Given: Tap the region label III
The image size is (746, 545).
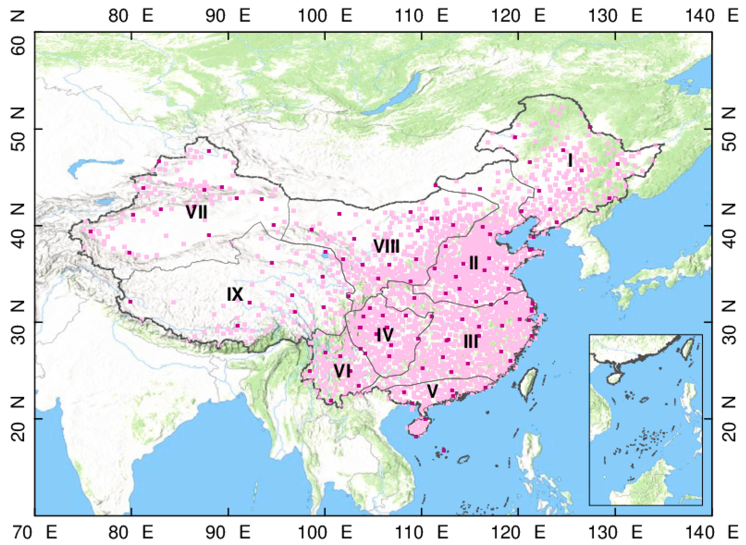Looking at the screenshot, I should pyautogui.click(x=471, y=341).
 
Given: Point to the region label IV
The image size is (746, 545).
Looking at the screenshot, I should pyautogui.click(x=385, y=335).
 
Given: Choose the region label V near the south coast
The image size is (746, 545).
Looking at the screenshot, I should pyautogui.click(x=432, y=392).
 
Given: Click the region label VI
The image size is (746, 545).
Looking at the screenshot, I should pyautogui.click(x=342, y=372).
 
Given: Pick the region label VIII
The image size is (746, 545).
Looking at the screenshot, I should pyautogui.click(x=387, y=246).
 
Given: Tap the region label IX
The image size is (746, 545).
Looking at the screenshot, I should pyautogui.click(x=235, y=294).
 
